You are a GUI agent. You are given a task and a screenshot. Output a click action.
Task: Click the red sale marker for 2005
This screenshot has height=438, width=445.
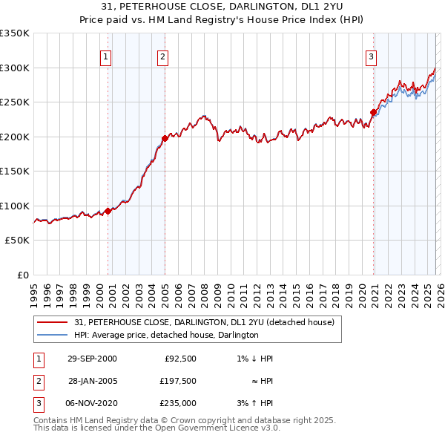click(x=165, y=138)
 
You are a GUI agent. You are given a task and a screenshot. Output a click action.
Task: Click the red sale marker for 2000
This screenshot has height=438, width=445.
click(x=108, y=211)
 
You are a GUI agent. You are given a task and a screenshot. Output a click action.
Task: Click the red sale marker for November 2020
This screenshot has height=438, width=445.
click(x=373, y=113)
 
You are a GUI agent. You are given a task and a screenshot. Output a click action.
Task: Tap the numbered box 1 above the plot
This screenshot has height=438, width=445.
click(x=105, y=56)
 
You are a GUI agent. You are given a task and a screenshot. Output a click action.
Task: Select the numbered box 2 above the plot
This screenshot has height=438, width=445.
click(x=162, y=56)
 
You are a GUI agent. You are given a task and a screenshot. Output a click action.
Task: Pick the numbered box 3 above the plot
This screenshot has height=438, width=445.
click(x=371, y=56)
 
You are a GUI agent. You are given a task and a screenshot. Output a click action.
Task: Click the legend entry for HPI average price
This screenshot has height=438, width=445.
click(x=166, y=335)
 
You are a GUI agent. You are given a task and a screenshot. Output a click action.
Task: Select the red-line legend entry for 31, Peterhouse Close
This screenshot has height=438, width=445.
click(x=204, y=322)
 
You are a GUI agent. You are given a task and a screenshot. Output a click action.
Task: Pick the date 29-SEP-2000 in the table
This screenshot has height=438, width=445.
click(x=92, y=359)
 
